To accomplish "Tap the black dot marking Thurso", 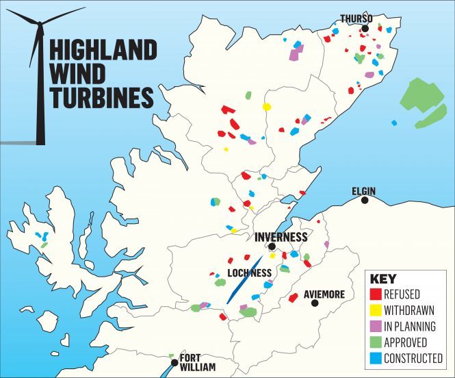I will click(366, 28).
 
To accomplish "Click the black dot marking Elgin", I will click(365, 201).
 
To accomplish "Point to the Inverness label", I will click(280, 236).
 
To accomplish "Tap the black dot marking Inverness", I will click(272, 247).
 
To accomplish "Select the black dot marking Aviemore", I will click(315, 302).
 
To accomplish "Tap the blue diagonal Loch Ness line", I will click(243, 281).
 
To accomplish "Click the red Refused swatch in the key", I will click(374, 294).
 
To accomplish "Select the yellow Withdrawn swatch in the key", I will click(374, 310).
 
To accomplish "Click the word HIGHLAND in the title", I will click(103, 51).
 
